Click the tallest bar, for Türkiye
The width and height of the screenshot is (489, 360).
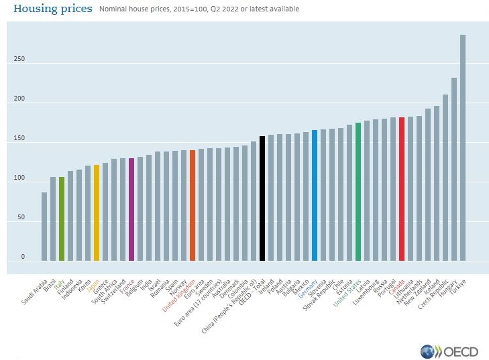(x=463, y=147)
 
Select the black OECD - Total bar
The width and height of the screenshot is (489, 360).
(x=262, y=198)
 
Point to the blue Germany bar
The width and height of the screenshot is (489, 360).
(x=315, y=195)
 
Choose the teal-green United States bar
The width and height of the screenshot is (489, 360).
(x=358, y=192)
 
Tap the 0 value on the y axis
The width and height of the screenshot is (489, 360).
(x=22, y=257)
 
